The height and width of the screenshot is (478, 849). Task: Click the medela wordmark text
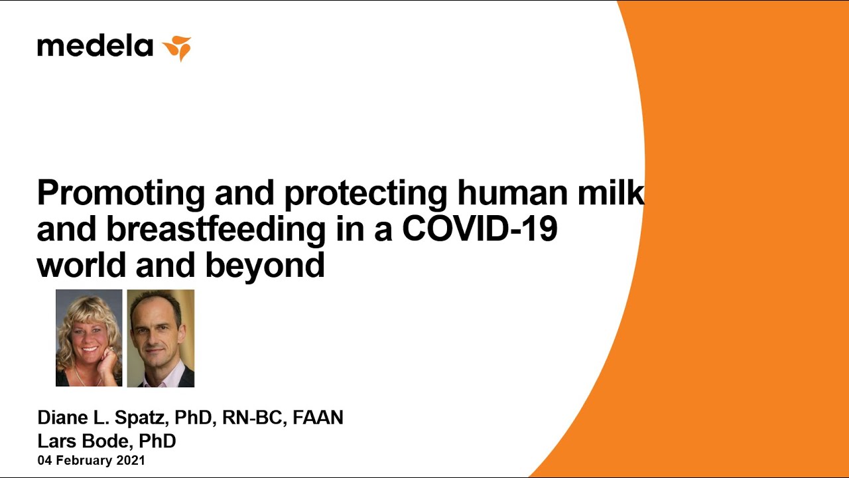pos(95,46)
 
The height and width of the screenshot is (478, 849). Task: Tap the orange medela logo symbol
pos(177,48)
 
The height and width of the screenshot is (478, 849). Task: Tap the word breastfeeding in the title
pos(216,230)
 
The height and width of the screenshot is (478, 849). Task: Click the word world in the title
pos(81,264)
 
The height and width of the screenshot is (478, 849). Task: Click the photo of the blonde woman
pos(89,338)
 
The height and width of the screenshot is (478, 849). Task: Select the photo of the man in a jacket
pos(161,339)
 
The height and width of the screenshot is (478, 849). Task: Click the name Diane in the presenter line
pos(62,418)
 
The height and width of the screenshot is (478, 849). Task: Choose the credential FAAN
pos(318,418)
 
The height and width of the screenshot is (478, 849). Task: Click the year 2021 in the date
pos(131,460)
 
